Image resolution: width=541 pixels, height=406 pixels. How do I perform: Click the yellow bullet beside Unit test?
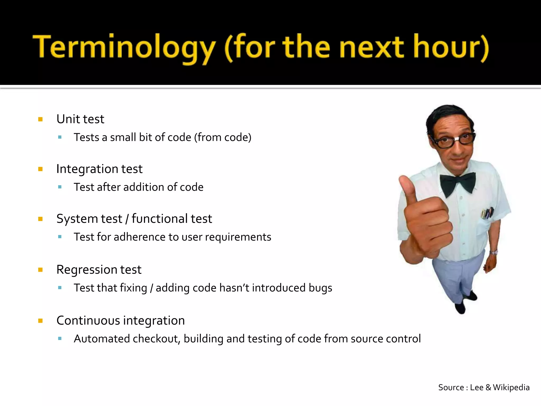(40, 119)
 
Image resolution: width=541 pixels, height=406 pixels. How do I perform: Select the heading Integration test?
(99, 169)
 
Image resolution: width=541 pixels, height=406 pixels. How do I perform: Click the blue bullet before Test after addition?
(60, 187)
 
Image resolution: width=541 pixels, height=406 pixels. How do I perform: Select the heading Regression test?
(99, 270)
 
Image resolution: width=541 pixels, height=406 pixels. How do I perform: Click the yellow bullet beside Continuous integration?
(40, 321)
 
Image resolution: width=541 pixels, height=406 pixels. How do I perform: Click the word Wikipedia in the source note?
(511, 387)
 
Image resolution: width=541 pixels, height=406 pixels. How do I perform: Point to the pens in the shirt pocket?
(487, 213)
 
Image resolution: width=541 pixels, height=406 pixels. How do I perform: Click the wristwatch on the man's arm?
(493, 252)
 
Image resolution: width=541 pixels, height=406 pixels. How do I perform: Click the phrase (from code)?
(222, 137)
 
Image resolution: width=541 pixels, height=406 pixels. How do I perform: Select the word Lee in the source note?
(477, 387)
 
